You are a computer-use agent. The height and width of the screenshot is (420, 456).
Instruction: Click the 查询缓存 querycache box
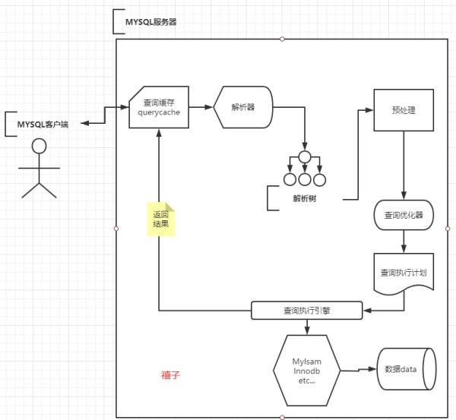tap(159, 107)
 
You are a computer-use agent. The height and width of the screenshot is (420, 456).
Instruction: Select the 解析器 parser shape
tap(243, 107)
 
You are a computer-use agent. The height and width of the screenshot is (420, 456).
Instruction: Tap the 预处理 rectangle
tap(404, 110)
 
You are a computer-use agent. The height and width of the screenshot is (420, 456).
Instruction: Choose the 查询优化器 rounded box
tap(404, 215)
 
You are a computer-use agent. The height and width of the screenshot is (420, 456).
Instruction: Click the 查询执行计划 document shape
tap(404, 273)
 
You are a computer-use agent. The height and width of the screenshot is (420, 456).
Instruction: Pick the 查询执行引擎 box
tap(307, 311)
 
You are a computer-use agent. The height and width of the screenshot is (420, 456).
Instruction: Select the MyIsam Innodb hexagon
tap(307, 371)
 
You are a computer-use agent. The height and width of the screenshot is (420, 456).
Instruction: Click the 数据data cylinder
tap(407, 369)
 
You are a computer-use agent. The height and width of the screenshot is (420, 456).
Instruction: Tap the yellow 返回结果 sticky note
tap(161, 219)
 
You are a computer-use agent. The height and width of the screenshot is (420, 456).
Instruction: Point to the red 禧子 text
tap(171, 375)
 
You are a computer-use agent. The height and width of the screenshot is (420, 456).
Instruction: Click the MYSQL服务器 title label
tap(151, 22)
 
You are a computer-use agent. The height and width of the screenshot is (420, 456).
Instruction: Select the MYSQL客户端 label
tap(43, 125)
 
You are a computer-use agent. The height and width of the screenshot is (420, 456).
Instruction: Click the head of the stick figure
tap(39, 146)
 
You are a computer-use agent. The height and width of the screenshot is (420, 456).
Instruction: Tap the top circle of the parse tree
tap(305, 157)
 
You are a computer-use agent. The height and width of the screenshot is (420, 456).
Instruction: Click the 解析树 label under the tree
tap(305, 198)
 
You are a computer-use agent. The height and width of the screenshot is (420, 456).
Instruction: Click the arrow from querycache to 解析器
tap(201, 107)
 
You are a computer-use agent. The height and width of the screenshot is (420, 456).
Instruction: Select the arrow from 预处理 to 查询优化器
tap(404, 166)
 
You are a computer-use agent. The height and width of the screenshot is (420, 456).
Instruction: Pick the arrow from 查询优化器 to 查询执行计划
tap(404, 242)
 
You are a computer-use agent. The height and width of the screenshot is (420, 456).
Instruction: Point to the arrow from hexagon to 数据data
tap(359, 370)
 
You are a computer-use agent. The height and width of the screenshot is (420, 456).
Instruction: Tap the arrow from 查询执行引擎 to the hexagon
tap(307, 327)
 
